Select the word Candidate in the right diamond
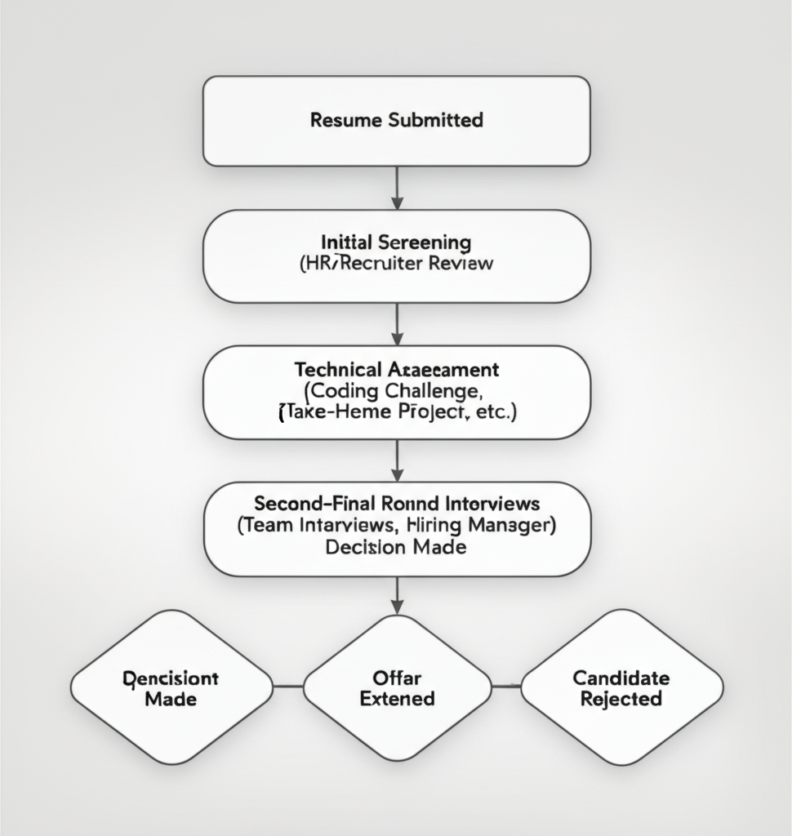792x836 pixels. pos(621,678)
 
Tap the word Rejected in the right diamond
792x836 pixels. pos(621,700)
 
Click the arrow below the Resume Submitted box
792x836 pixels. pos(397,188)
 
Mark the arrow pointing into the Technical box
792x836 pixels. pos(397,324)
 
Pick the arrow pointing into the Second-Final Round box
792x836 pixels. pos(397,460)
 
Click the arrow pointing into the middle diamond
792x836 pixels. pos(397,595)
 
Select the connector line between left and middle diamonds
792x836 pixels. pos(287,687)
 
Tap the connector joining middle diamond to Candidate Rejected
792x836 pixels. pos(506,687)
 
